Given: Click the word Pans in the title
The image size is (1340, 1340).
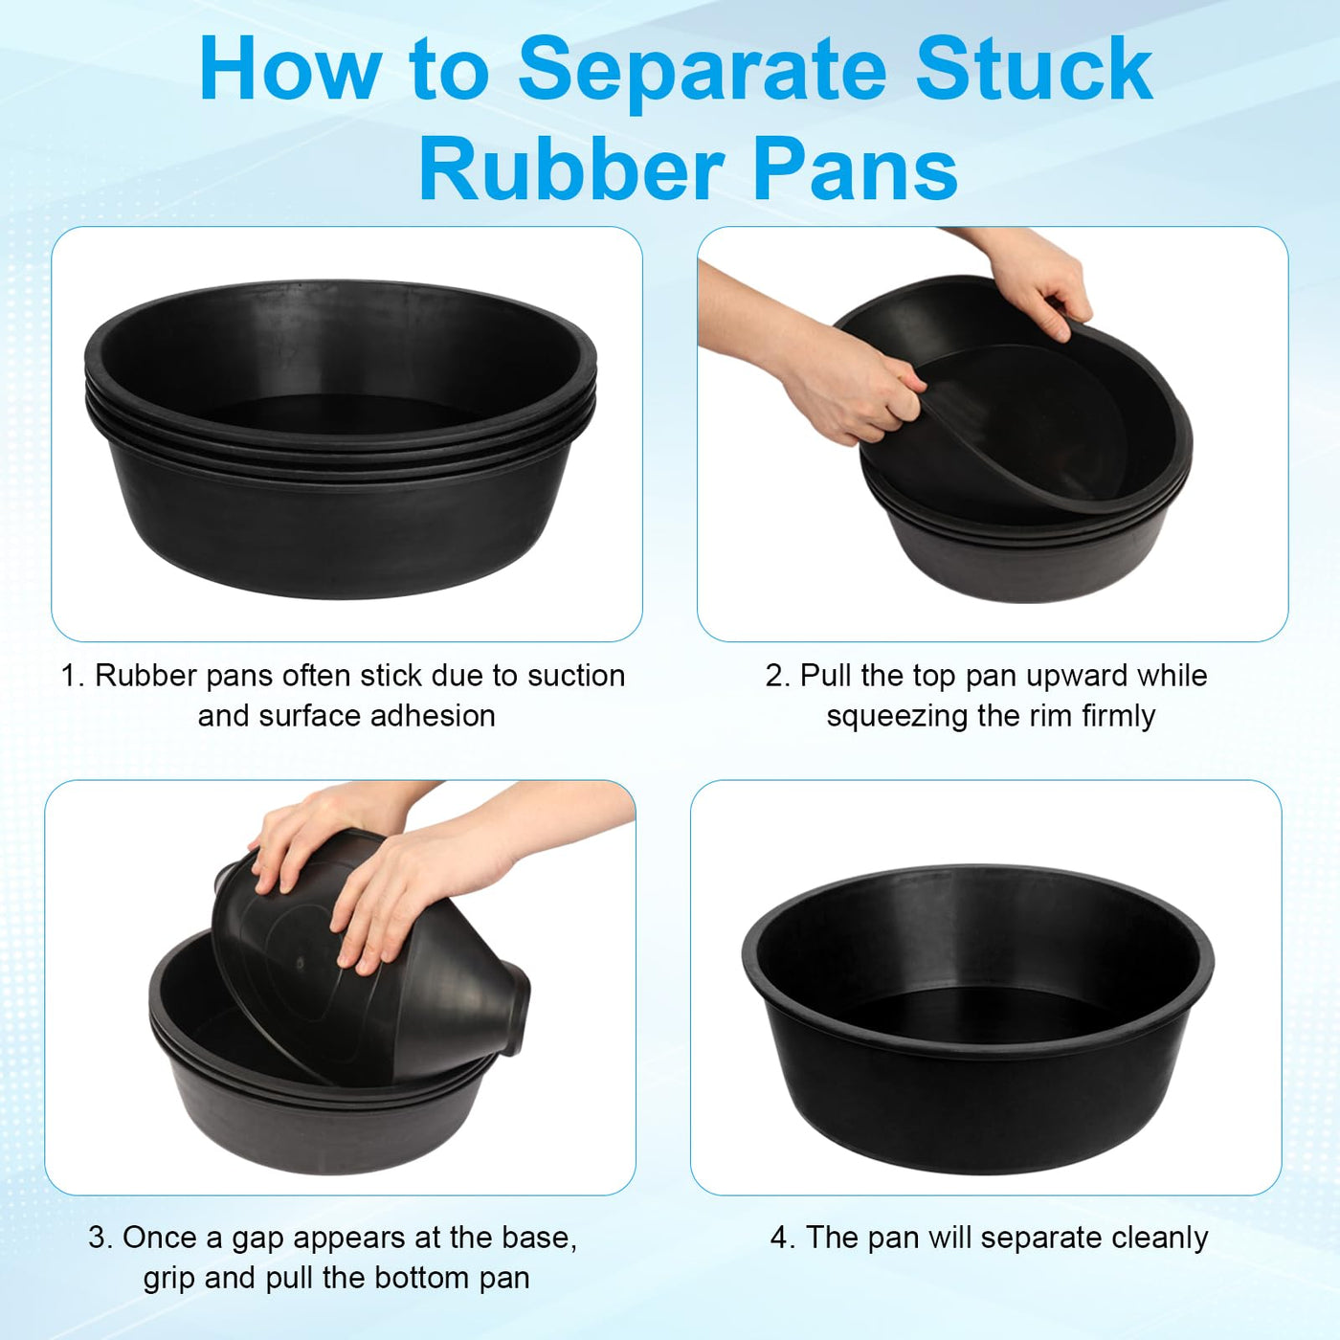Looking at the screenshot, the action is [856, 169].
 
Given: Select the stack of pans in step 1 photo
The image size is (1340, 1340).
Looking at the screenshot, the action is [341, 438].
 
